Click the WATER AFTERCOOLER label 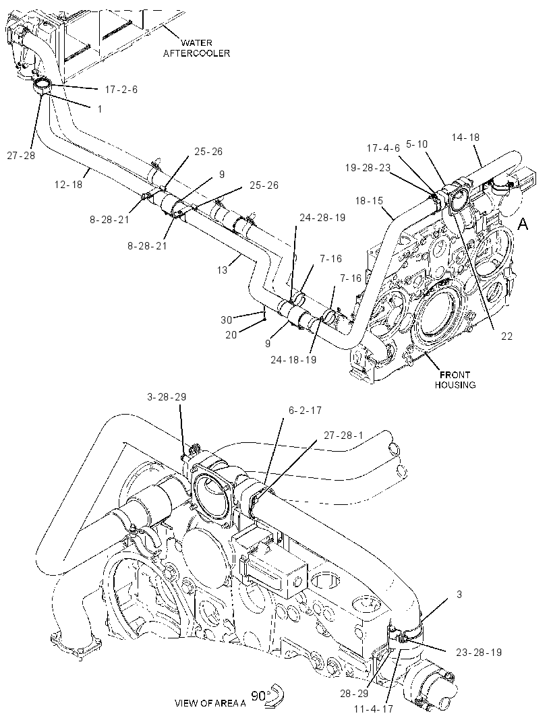(x=196, y=48)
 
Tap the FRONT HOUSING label (x=455, y=380)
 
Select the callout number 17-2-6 (x=121, y=90)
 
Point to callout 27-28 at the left (x=21, y=155)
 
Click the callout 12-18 (x=68, y=184)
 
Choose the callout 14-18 (x=465, y=137)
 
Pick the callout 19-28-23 (x=368, y=168)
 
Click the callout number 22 (x=506, y=336)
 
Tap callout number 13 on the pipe (x=223, y=270)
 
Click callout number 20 (x=231, y=335)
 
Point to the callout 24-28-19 (x=322, y=217)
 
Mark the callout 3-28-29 (x=167, y=396)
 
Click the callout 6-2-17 (x=305, y=410)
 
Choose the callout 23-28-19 (x=479, y=652)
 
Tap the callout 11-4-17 (x=374, y=709)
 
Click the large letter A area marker (x=523, y=224)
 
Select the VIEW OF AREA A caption (x=210, y=703)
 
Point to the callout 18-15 (x=369, y=201)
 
